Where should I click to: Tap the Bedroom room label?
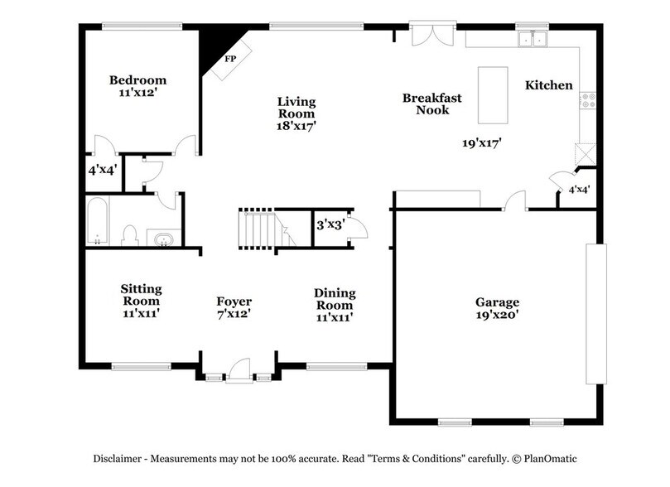tap(138, 80)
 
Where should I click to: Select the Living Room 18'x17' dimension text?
tap(296, 126)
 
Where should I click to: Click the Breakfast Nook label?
tap(431, 104)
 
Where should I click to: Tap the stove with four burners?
tap(589, 100)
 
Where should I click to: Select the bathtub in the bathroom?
tap(97, 222)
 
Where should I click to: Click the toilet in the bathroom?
tap(129, 234)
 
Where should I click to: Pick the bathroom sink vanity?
tap(163, 239)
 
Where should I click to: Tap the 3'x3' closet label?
tap(330, 224)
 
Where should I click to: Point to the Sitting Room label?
tap(141, 295)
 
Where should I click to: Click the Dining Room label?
tap(335, 299)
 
